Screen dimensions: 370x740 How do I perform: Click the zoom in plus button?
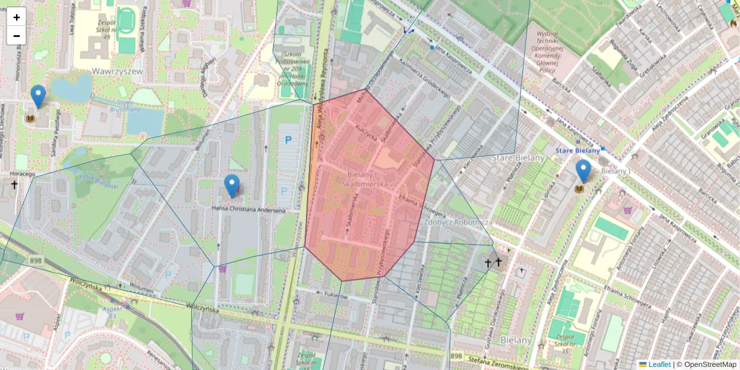(x=17, y=17)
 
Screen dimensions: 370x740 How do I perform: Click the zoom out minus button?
(x=17, y=36)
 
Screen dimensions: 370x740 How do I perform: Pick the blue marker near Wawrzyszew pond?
(x=38, y=96)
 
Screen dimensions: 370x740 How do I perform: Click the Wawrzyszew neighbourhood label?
(x=117, y=72)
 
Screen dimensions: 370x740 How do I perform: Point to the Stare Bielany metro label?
(x=577, y=150)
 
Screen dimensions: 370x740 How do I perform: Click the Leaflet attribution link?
(x=659, y=364)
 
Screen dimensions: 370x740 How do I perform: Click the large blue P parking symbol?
(x=287, y=140)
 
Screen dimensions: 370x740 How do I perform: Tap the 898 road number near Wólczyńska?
(x=35, y=261)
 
